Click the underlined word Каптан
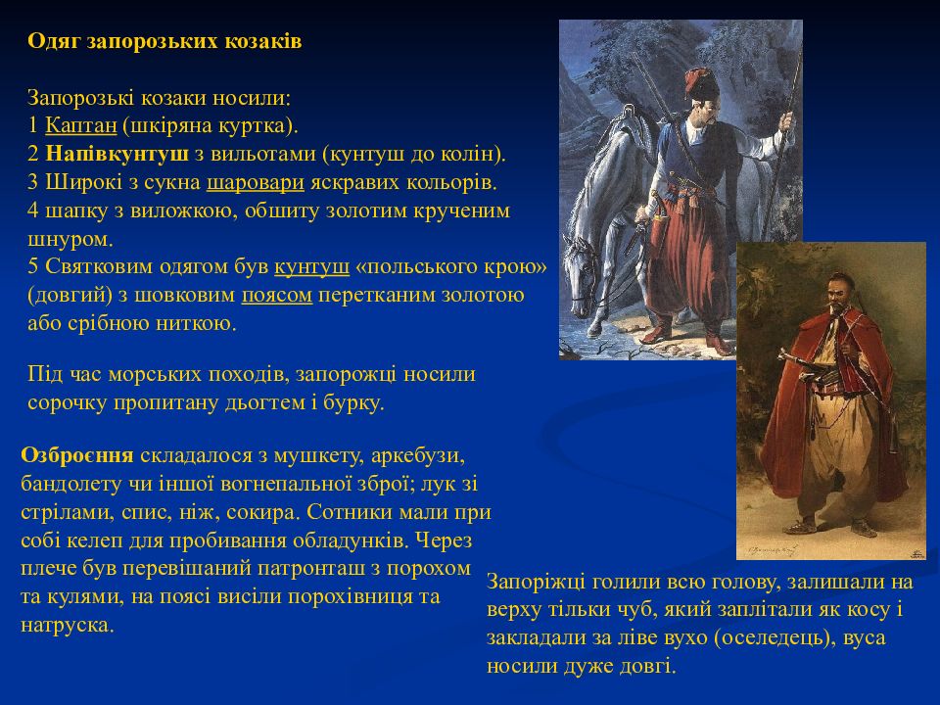coord(81,126)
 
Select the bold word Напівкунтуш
coord(117,154)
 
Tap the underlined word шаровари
coord(256,182)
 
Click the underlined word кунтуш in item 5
coord(311,266)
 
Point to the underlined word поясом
coord(277,295)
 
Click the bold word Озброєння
coord(77,455)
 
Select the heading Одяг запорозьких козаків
coord(164,41)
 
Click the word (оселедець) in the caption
coord(775,637)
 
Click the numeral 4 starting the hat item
coord(33,211)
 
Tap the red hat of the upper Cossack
coord(701,84)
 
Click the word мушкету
coord(318,456)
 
